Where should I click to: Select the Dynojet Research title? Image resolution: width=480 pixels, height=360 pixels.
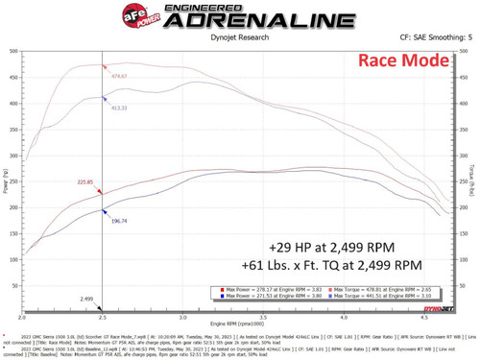[x=240, y=39]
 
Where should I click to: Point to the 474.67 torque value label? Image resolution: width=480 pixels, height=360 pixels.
[x=118, y=75]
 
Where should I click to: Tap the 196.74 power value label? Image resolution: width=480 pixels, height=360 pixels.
[x=119, y=221]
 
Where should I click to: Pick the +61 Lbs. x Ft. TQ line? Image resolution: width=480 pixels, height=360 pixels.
[x=343, y=264]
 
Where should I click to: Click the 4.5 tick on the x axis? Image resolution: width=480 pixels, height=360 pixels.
[x=424, y=314]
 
